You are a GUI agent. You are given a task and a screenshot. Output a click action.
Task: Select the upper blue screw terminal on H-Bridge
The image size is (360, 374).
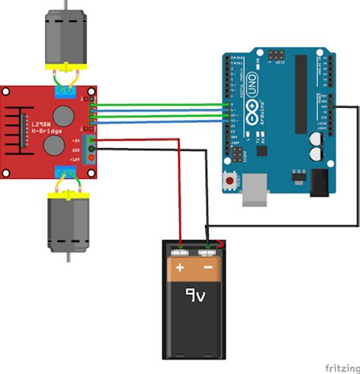pos(65,92)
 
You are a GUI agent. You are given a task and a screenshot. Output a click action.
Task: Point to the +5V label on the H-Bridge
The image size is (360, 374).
pos(76,140)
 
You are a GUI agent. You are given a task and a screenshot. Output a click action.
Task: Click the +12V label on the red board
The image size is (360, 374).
pos(76,159)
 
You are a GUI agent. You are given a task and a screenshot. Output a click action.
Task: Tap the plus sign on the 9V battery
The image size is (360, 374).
pos(180,268)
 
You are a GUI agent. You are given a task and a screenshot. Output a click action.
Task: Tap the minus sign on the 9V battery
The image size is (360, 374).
pos(207,268)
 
